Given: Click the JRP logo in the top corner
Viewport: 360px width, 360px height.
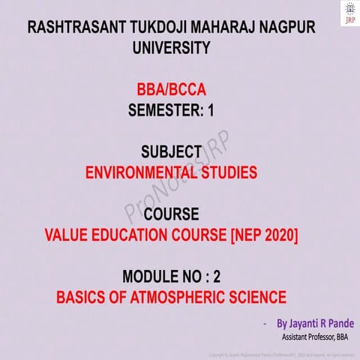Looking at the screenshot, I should click(x=348, y=13).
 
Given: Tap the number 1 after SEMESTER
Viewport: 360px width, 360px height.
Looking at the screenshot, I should click(x=211, y=112).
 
